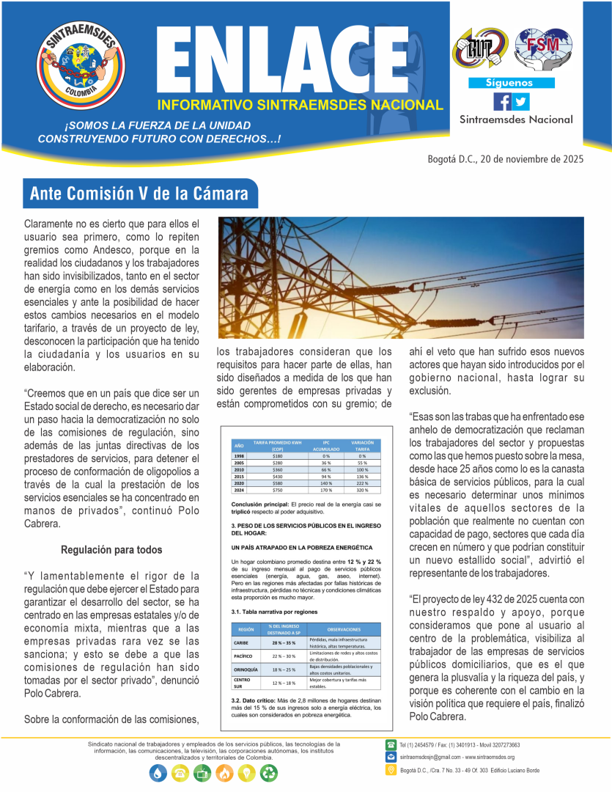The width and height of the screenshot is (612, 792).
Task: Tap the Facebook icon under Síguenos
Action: pos(503,101)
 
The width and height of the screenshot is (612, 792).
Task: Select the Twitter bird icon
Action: pos(520,101)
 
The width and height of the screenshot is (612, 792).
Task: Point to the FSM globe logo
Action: pos(537,47)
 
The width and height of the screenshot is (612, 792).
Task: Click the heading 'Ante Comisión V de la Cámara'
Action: pos(139,194)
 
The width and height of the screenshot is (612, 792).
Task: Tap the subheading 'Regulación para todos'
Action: pos(111,549)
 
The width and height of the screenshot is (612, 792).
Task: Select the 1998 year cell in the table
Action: pos(239,455)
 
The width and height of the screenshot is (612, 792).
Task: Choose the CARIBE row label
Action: pos(244,642)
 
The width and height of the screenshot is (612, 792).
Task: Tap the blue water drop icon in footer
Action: pos(158,772)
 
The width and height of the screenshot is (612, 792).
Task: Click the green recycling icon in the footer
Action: pos(270,772)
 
